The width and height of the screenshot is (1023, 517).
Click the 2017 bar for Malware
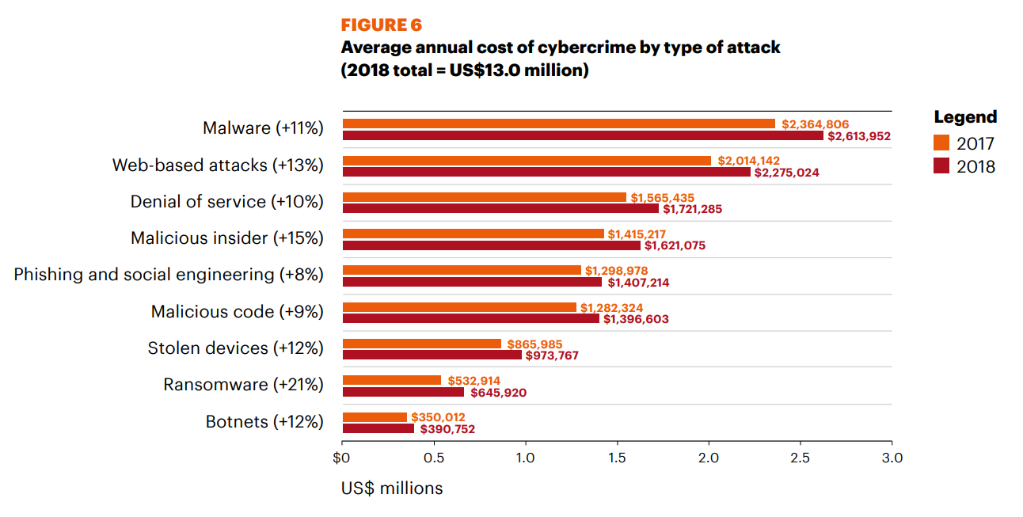[x=558, y=124]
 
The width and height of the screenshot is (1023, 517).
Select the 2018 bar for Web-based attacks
[x=546, y=173]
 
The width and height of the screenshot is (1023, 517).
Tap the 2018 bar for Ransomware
[x=403, y=392]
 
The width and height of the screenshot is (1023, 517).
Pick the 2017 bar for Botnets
[x=375, y=417]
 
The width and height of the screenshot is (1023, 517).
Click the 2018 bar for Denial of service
[x=500, y=209]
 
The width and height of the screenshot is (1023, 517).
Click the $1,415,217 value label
[x=637, y=234]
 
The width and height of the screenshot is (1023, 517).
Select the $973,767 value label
[x=552, y=355]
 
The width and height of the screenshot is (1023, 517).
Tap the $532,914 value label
[x=473, y=381]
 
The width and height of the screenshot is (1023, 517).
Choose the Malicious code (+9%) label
[x=238, y=312]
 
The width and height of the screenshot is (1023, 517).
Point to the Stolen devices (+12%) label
[x=236, y=348]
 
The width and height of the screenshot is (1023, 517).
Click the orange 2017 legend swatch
[x=941, y=143]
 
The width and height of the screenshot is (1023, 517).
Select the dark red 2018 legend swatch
[x=941, y=166]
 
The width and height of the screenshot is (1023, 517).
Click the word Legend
[x=965, y=117]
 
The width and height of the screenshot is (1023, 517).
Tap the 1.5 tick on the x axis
[x=617, y=458]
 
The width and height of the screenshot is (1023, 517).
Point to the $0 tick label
[x=342, y=458]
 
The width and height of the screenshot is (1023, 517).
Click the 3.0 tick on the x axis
[x=892, y=458]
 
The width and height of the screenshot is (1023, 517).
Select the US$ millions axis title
[x=392, y=488]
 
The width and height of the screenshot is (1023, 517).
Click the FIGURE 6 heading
[x=381, y=25]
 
